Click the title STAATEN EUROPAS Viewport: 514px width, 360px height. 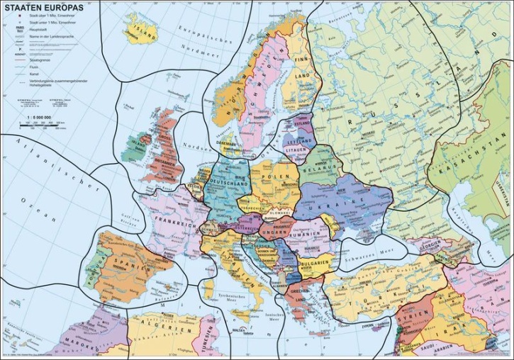point(44,8)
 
